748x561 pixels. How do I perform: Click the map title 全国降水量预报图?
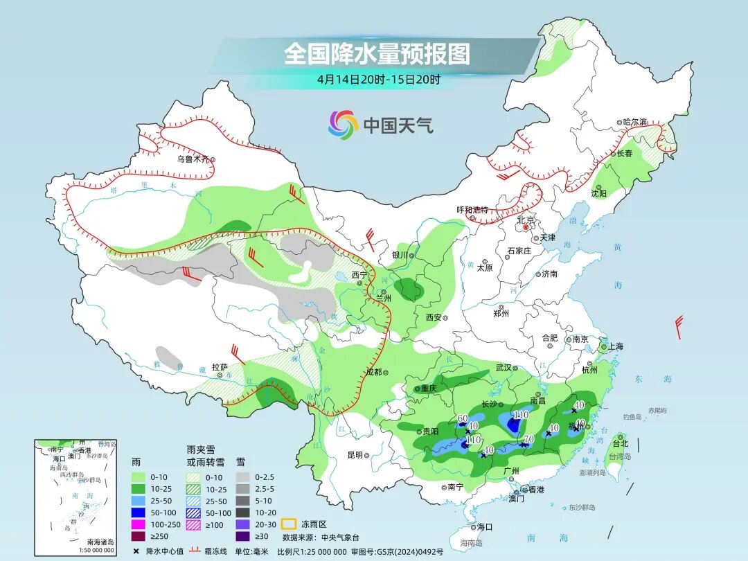tap(377, 54)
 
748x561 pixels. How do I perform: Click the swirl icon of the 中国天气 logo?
tap(343, 125)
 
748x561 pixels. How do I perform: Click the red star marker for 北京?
tap(526, 227)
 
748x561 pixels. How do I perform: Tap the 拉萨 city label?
tap(220, 367)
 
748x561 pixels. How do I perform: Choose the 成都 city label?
tap(373, 372)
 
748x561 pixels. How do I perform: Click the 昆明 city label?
tap(355, 455)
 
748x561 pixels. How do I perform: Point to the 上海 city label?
tap(616, 347)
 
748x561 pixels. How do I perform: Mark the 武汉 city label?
tap(503, 368)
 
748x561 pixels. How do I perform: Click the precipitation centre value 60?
tap(463, 418)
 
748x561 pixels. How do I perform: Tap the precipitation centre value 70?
tap(528, 439)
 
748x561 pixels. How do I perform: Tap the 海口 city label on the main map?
tap(484, 526)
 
